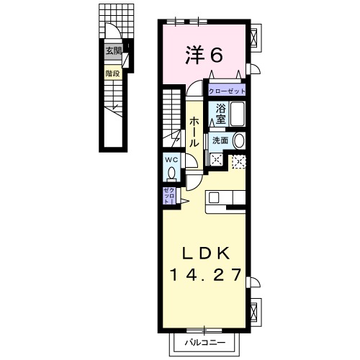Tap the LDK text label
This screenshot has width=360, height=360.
pyautogui.click(x=204, y=253)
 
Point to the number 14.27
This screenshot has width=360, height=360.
pyautogui.click(x=205, y=274)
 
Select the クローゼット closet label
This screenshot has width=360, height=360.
pyautogui.click(x=228, y=91)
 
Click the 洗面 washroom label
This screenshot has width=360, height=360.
pyautogui.click(x=220, y=140)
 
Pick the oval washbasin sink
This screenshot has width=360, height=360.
pyautogui.click(x=240, y=141)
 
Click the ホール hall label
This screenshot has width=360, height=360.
pyautogui.click(x=194, y=133)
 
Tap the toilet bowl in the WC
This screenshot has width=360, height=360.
pyautogui.click(x=171, y=173)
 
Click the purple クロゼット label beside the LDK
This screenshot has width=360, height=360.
pyautogui.click(x=167, y=196)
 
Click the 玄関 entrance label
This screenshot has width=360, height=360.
pyautogui.click(x=113, y=50)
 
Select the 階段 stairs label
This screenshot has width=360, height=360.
pyautogui.click(x=112, y=73)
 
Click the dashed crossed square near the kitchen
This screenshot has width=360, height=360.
pyautogui.click(x=238, y=162)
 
